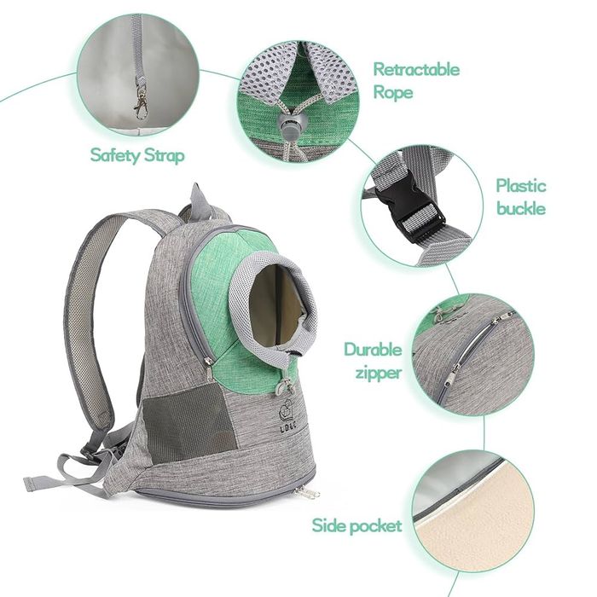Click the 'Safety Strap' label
(x=136, y=155)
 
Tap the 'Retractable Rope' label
(x=415, y=80)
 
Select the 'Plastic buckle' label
(x=521, y=197)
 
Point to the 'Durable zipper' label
(x=372, y=361)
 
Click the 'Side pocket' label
(x=356, y=525)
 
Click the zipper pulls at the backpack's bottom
(x=307, y=493)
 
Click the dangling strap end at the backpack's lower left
(x=38, y=483)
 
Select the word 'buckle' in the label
(x=521, y=208)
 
